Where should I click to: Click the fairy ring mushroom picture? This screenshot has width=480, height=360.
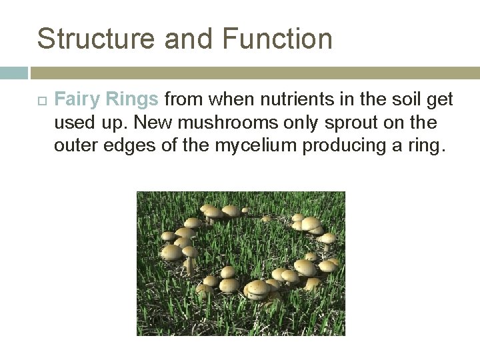click(241, 263)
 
